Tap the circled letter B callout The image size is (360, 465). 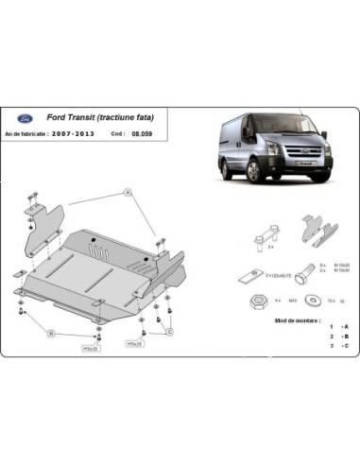53,333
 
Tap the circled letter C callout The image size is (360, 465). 170,332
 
